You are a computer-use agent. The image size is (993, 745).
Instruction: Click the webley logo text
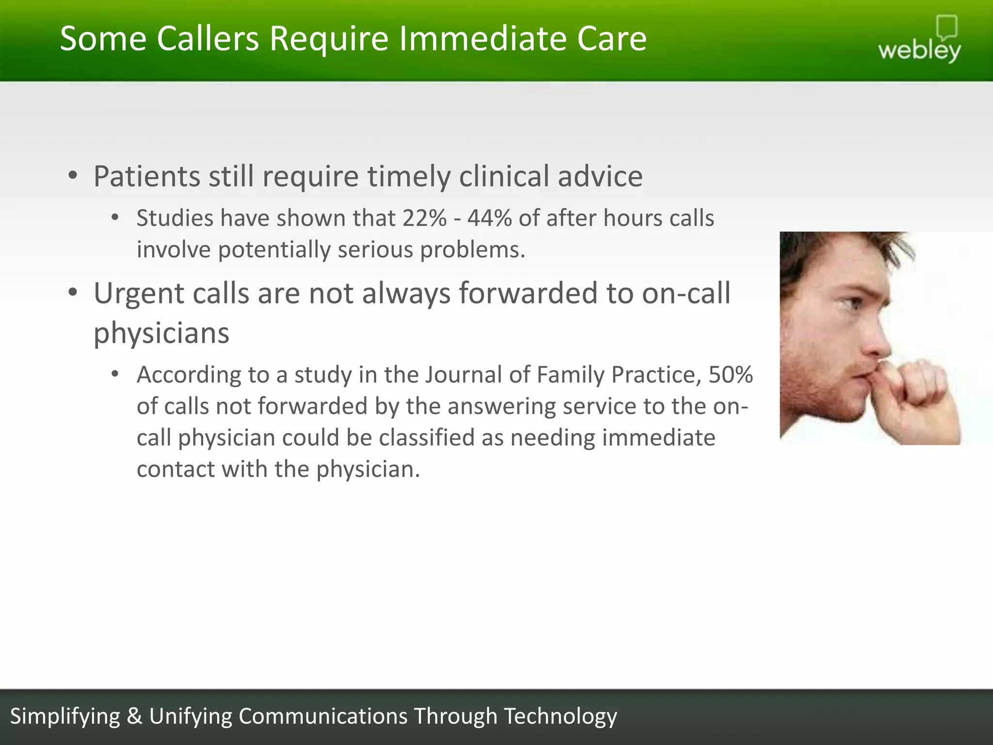[919, 50]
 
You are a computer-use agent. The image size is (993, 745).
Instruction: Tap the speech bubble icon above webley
[947, 27]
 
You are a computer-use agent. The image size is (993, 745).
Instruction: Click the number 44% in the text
[489, 218]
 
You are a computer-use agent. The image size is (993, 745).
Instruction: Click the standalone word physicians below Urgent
[161, 334]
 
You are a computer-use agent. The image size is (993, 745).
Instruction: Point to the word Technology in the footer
[560, 716]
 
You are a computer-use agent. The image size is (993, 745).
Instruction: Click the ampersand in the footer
[134, 716]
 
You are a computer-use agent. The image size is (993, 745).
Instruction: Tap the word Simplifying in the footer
[65, 716]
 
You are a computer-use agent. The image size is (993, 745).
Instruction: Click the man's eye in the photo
[852, 304]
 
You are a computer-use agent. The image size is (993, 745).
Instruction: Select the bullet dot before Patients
[73, 176]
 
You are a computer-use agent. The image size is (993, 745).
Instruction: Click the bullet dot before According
[115, 374]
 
